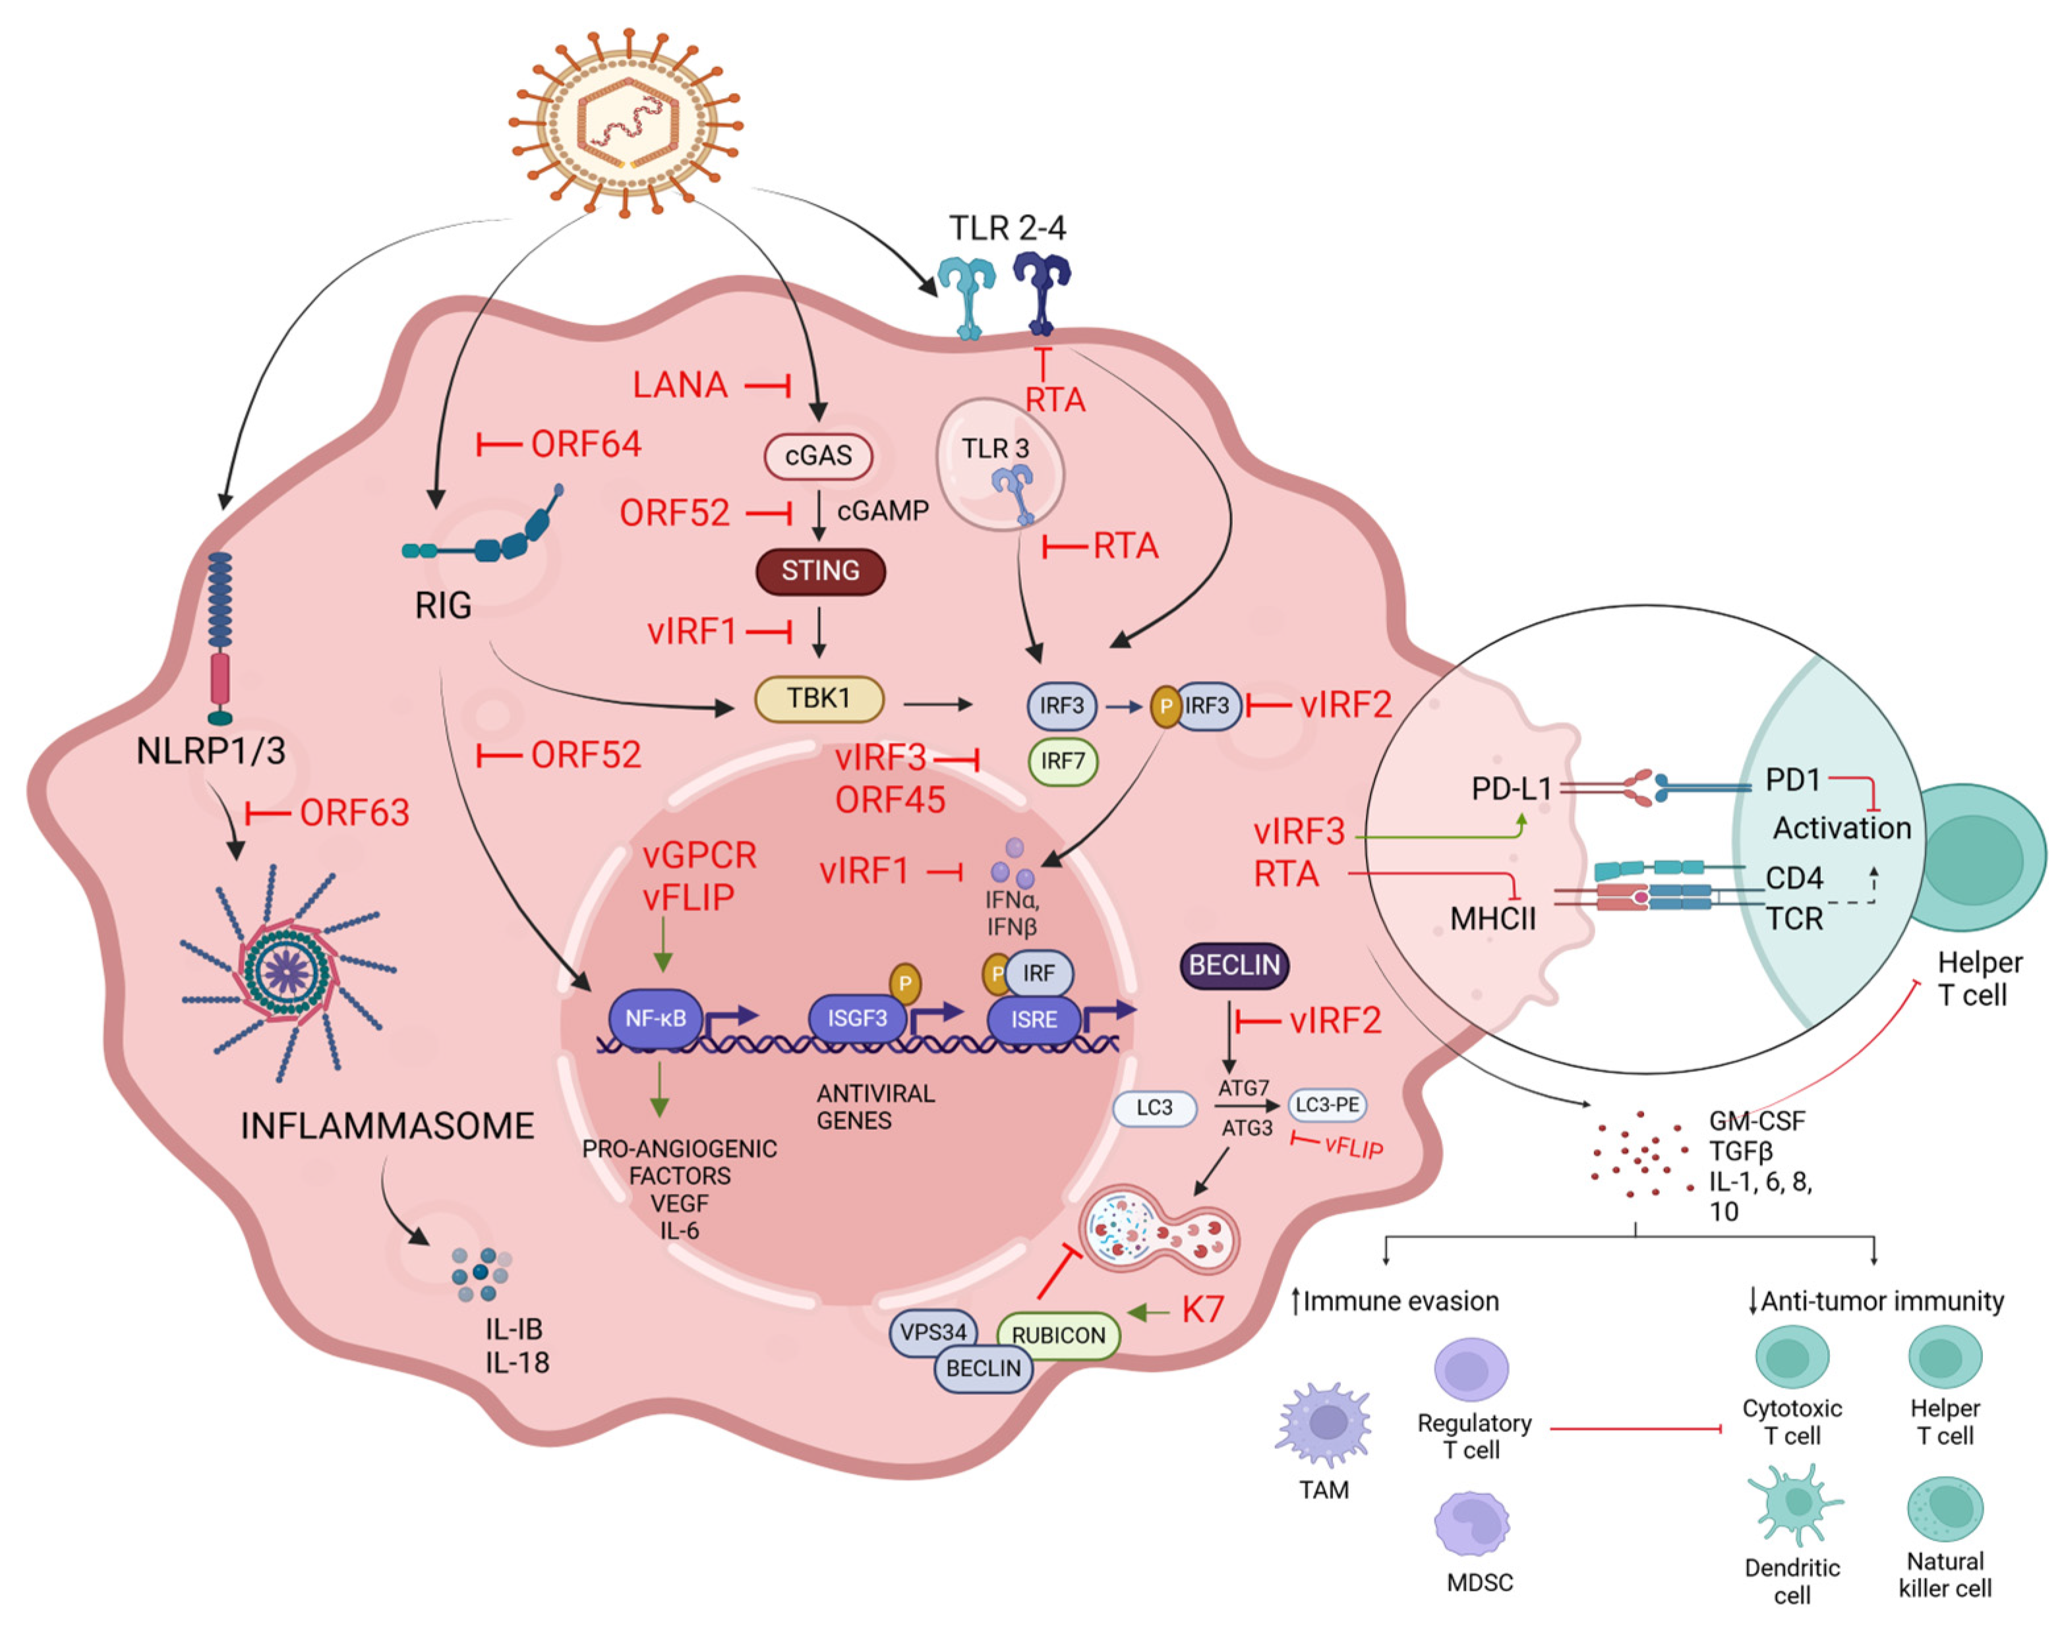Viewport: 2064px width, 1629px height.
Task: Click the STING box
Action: point(819,572)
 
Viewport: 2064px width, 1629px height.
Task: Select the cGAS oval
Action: point(818,456)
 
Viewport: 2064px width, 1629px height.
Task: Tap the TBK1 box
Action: point(818,699)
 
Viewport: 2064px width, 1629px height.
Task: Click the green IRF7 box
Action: point(1061,761)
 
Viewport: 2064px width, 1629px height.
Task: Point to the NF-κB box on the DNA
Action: point(655,1018)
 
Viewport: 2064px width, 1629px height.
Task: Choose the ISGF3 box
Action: point(856,1018)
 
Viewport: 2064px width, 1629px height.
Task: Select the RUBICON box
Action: point(1058,1334)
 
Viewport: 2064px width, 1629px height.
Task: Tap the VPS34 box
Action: point(933,1332)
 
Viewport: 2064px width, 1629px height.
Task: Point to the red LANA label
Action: point(680,385)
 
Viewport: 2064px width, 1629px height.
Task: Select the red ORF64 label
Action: point(585,444)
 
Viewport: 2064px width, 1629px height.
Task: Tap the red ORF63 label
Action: point(354,813)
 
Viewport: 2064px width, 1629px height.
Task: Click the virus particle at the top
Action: point(627,124)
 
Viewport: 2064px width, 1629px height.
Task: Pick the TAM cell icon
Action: point(1324,1424)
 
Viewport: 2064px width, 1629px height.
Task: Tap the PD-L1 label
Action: point(1511,788)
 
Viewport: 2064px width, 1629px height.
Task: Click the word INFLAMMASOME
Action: point(387,1127)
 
